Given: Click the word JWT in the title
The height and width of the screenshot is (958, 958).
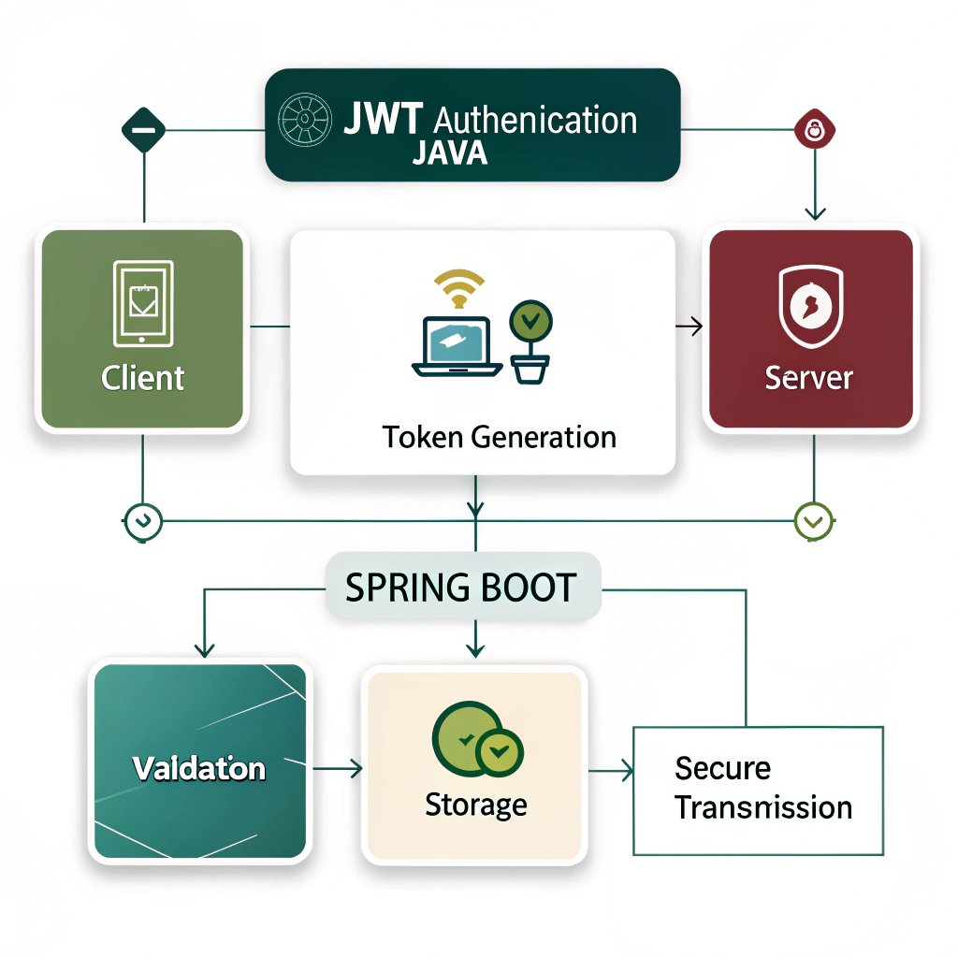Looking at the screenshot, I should click(x=382, y=121).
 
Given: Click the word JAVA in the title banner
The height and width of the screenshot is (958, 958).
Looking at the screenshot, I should click(x=450, y=152).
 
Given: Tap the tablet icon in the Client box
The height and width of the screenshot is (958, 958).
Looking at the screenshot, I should click(x=142, y=302).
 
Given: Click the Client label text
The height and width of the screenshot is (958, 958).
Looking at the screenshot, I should click(x=142, y=378).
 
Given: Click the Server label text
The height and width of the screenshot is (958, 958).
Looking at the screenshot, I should click(x=809, y=378).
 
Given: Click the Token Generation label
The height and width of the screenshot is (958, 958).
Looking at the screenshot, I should click(x=499, y=437).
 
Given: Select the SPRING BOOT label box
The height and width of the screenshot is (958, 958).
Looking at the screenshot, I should click(x=461, y=588).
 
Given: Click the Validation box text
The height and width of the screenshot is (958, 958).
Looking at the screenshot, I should click(x=198, y=769).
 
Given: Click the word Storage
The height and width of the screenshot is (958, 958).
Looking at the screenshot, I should click(x=475, y=805).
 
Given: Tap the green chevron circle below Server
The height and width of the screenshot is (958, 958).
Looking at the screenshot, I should click(x=812, y=520).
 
